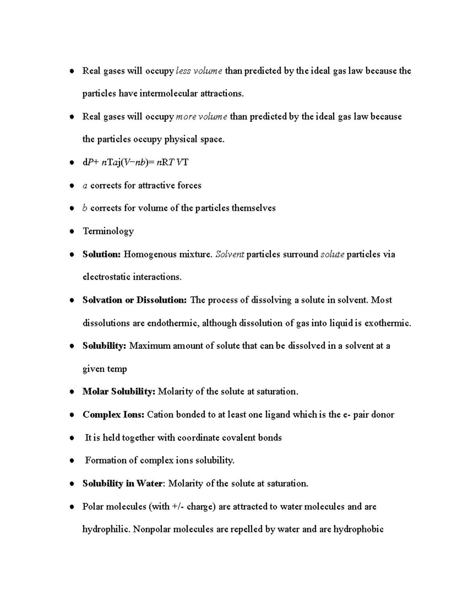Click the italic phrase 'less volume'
(x=199, y=71)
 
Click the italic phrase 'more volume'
(x=202, y=117)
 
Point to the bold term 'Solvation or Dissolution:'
(x=135, y=300)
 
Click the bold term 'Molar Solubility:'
(x=119, y=392)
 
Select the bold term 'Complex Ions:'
(x=113, y=415)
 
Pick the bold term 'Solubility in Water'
(x=122, y=483)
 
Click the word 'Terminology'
(x=108, y=231)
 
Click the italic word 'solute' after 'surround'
(x=332, y=254)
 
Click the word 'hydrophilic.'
(x=106, y=530)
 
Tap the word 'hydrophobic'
(x=358, y=530)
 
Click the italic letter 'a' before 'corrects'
(x=85, y=186)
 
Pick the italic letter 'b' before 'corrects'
(x=85, y=208)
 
